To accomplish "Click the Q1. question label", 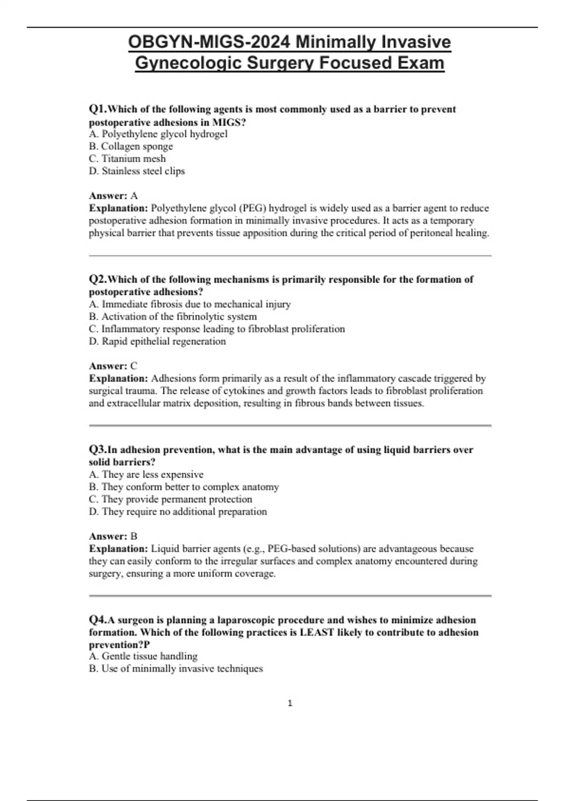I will (98, 109).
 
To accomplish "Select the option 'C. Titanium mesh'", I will (127, 159).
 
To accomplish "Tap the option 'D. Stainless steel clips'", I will (137, 171).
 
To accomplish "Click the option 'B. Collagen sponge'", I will (131, 147).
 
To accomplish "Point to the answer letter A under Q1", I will (134, 196).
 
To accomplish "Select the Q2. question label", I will (98, 279).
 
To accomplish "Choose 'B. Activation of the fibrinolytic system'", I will (173, 317).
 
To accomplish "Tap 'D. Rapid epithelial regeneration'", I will (157, 341).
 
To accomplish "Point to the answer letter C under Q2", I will (134, 366).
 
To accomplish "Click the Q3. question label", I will (98, 450).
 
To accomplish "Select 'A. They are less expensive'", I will (146, 474).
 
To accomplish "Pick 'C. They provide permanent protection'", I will (170, 499).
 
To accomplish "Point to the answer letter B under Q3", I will (134, 536).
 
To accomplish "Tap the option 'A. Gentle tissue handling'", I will (143, 656).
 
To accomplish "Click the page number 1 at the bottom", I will (290, 703).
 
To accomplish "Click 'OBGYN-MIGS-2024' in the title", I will (209, 42).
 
